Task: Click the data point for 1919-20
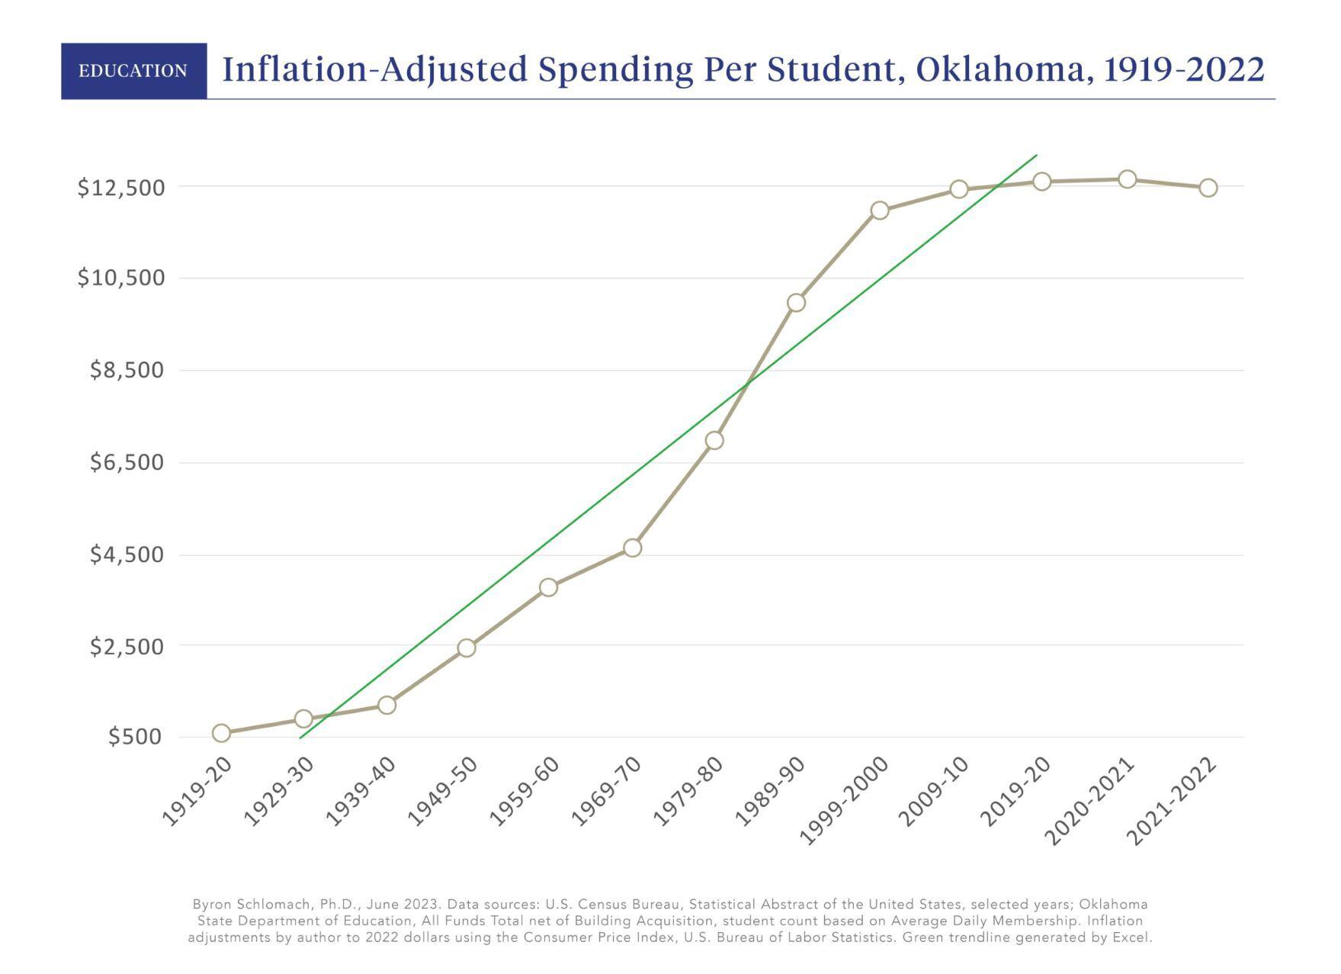221,733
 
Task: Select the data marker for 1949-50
467,648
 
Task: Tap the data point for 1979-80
714,440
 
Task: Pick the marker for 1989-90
796,303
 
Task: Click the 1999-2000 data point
879,210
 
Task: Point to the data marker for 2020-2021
1127,179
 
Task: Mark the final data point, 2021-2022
1208,188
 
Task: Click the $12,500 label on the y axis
120,188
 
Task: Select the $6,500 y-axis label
127,462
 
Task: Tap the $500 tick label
136,737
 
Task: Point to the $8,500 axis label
127,371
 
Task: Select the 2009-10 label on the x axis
933,793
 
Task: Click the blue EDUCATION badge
133,71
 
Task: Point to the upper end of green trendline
1035,156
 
